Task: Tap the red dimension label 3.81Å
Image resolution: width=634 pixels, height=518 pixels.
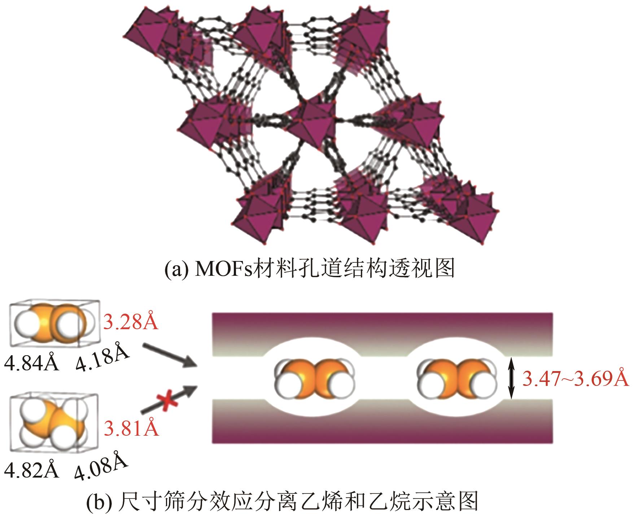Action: click(x=131, y=428)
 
